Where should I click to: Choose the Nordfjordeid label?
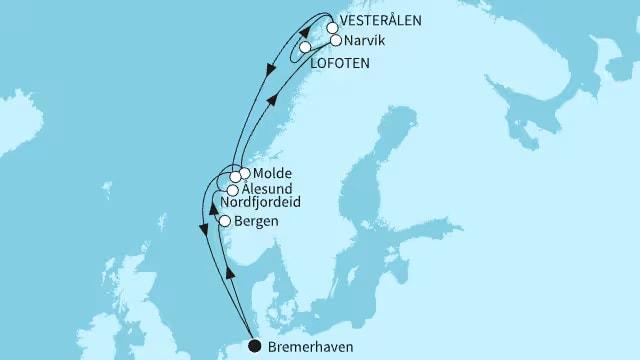267,203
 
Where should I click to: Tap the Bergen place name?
256,221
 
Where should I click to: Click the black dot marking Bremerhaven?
254,346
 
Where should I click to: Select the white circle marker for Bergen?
226,221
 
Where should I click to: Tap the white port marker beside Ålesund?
232,190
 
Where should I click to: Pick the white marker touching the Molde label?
245,173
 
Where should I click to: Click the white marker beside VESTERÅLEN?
332,28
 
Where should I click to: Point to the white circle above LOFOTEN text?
304,47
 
